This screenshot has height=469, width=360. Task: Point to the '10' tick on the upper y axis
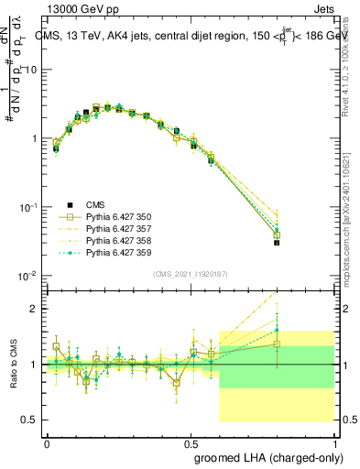point(29,70)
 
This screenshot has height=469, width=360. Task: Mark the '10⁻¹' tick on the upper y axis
point(28,207)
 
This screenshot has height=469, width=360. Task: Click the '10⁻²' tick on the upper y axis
point(28,276)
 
